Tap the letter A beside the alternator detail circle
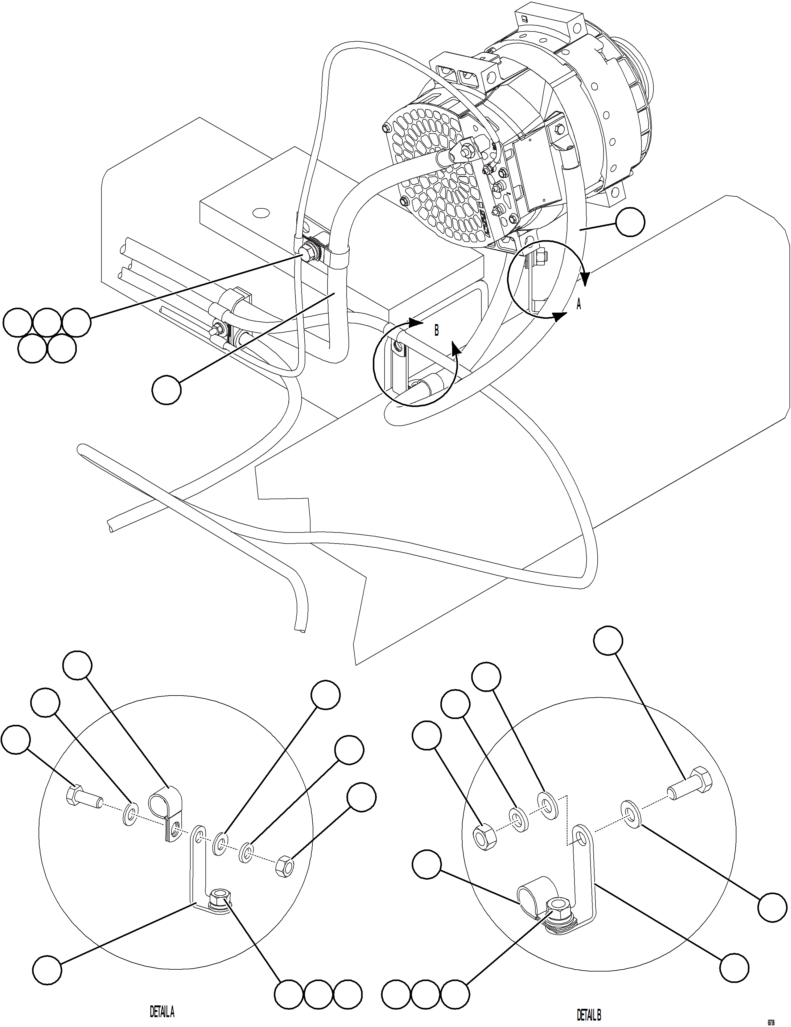579,305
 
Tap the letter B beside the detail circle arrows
436,331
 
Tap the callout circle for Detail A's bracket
47,969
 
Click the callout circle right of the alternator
630,222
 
